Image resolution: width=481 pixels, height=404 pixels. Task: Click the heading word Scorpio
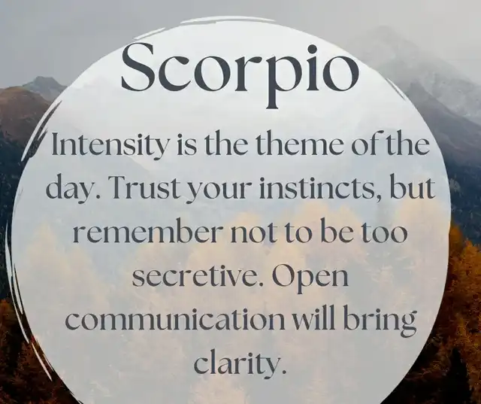coord(240,74)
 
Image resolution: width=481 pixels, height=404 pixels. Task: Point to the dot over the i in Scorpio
coord(312,50)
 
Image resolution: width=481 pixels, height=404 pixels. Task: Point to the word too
coord(384,233)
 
